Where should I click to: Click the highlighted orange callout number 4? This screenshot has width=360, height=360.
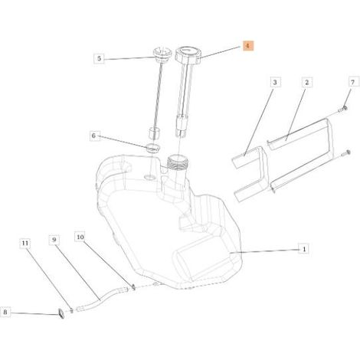[x=247, y=46]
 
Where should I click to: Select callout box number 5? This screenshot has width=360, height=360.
[x=99, y=59]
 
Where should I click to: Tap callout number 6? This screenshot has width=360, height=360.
[x=93, y=136]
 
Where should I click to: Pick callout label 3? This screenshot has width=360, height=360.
[x=274, y=82]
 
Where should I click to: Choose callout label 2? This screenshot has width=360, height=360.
[x=306, y=82]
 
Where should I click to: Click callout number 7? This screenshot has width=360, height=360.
[x=352, y=82]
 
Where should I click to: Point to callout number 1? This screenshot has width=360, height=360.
[x=304, y=249]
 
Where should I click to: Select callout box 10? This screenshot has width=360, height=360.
[x=80, y=237]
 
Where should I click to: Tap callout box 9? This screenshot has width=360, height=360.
[x=54, y=240]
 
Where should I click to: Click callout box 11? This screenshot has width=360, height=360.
[x=25, y=243]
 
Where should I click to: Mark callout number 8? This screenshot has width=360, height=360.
[x=5, y=312]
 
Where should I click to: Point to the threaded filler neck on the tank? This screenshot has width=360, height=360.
[x=178, y=163]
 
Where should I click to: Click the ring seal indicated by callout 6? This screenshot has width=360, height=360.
[x=152, y=147]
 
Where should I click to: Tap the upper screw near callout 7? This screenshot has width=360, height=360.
[x=342, y=110]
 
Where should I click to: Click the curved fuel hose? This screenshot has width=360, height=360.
[x=102, y=298]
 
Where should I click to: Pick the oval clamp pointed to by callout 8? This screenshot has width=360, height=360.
[x=61, y=313]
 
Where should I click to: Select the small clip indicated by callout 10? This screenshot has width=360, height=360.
[x=133, y=288]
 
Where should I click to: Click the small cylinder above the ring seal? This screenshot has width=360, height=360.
[x=154, y=133]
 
